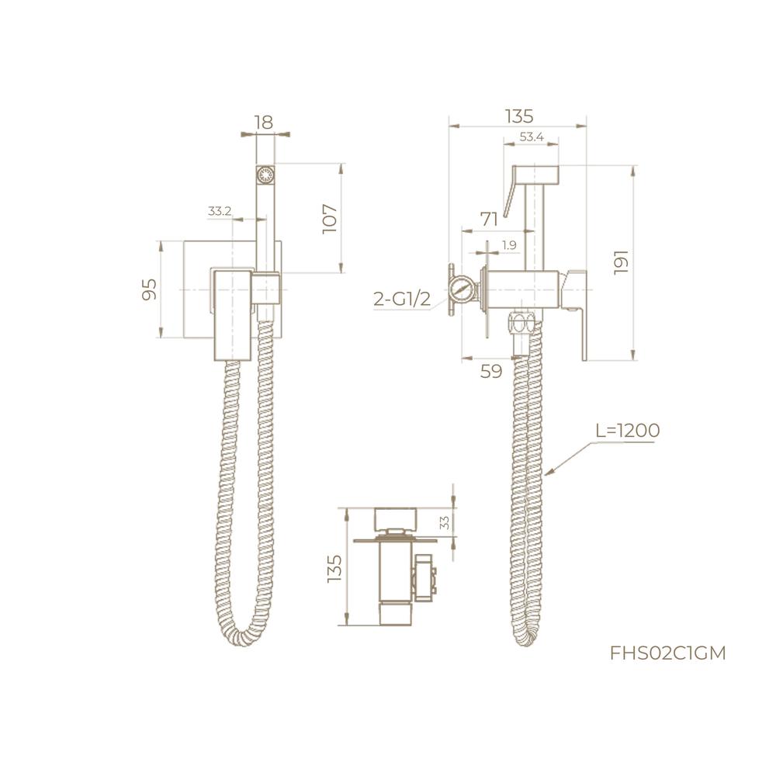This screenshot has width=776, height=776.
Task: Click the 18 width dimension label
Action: (x=264, y=123)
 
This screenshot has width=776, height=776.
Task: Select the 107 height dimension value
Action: (x=330, y=219)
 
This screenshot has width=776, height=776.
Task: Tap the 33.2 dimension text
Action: (x=220, y=211)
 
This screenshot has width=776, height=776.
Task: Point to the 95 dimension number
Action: (x=150, y=289)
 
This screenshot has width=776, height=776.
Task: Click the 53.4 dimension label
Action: (x=532, y=137)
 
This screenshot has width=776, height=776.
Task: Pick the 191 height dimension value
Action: (x=621, y=262)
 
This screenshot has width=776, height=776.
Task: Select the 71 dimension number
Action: (x=489, y=220)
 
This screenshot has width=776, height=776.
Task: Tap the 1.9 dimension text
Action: (x=509, y=244)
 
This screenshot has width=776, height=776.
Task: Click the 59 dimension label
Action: (x=491, y=371)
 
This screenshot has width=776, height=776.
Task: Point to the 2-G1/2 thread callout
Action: (x=402, y=299)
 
